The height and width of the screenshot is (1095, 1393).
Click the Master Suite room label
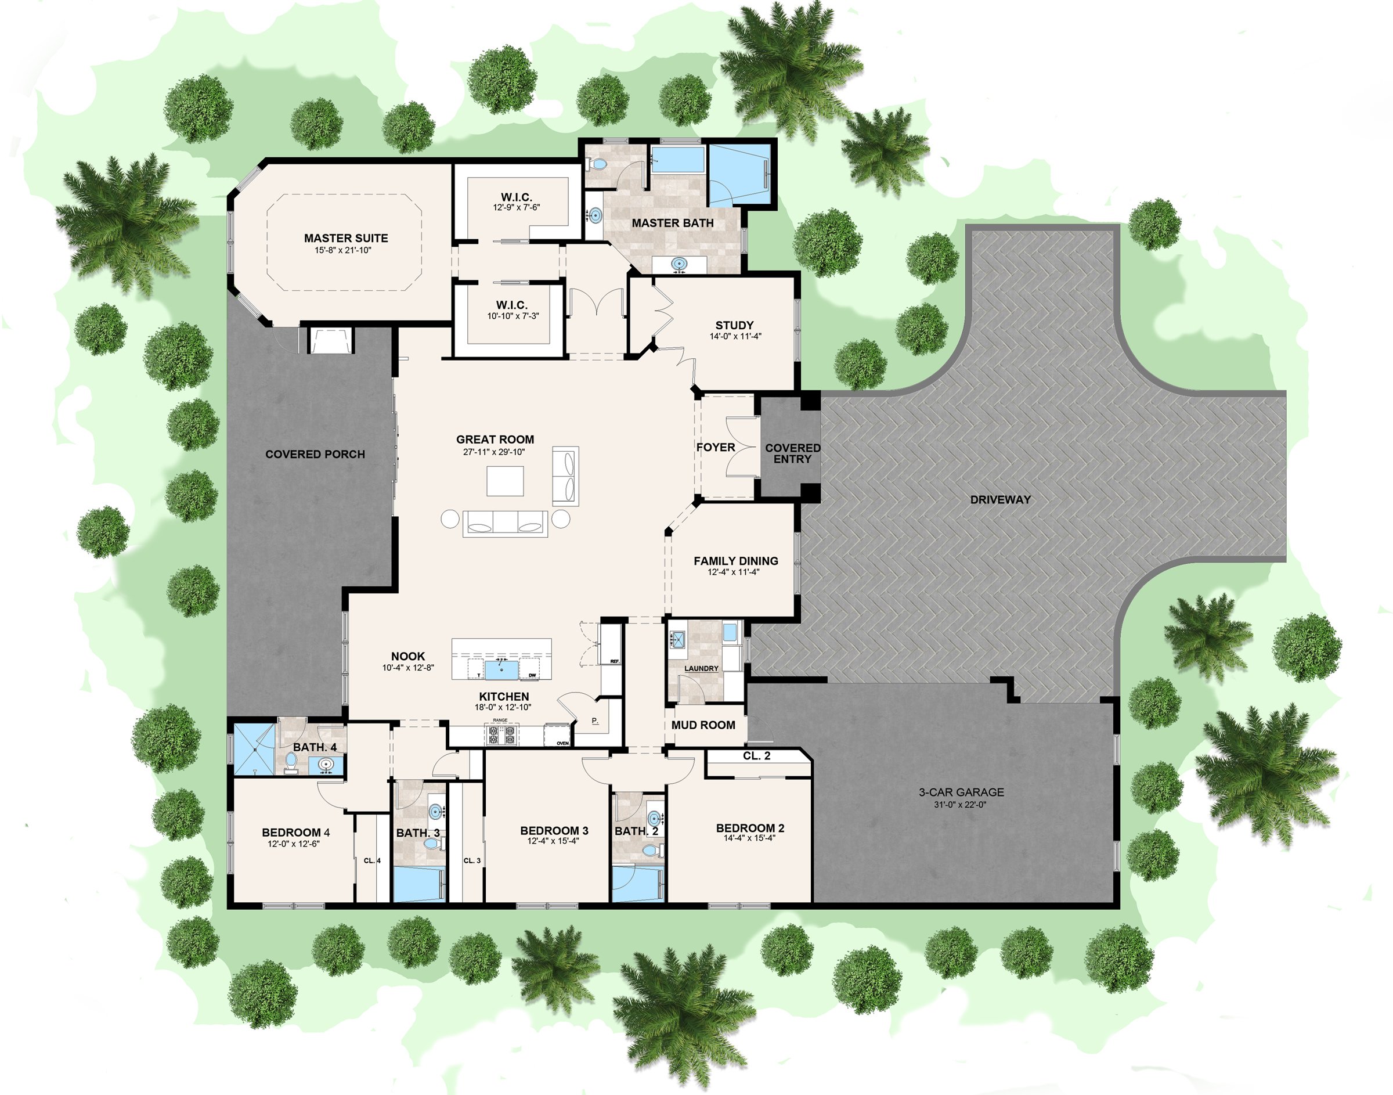[345, 238]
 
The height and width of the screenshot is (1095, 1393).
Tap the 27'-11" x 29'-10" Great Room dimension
[494, 451]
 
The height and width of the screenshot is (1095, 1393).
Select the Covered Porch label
[315, 454]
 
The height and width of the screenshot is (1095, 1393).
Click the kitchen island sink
[501, 669]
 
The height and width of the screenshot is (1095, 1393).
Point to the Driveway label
[999, 499]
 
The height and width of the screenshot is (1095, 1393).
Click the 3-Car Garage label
[961, 792]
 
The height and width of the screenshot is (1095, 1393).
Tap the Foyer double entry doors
[741, 446]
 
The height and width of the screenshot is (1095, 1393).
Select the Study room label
[734, 325]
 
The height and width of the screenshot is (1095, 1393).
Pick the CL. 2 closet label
[756, 756]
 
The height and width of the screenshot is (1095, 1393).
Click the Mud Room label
[703, 725]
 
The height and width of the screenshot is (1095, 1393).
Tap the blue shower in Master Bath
[741, 174]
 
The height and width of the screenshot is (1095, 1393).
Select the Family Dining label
[735, 560]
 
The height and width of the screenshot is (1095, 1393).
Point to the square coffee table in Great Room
[505, 481]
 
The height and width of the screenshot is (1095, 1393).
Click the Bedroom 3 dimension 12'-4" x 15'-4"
[553, 841]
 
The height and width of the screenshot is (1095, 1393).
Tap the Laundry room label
[701, 668]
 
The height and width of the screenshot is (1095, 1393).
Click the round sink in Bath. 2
[654, 819]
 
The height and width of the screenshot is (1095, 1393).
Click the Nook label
[407, 656]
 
